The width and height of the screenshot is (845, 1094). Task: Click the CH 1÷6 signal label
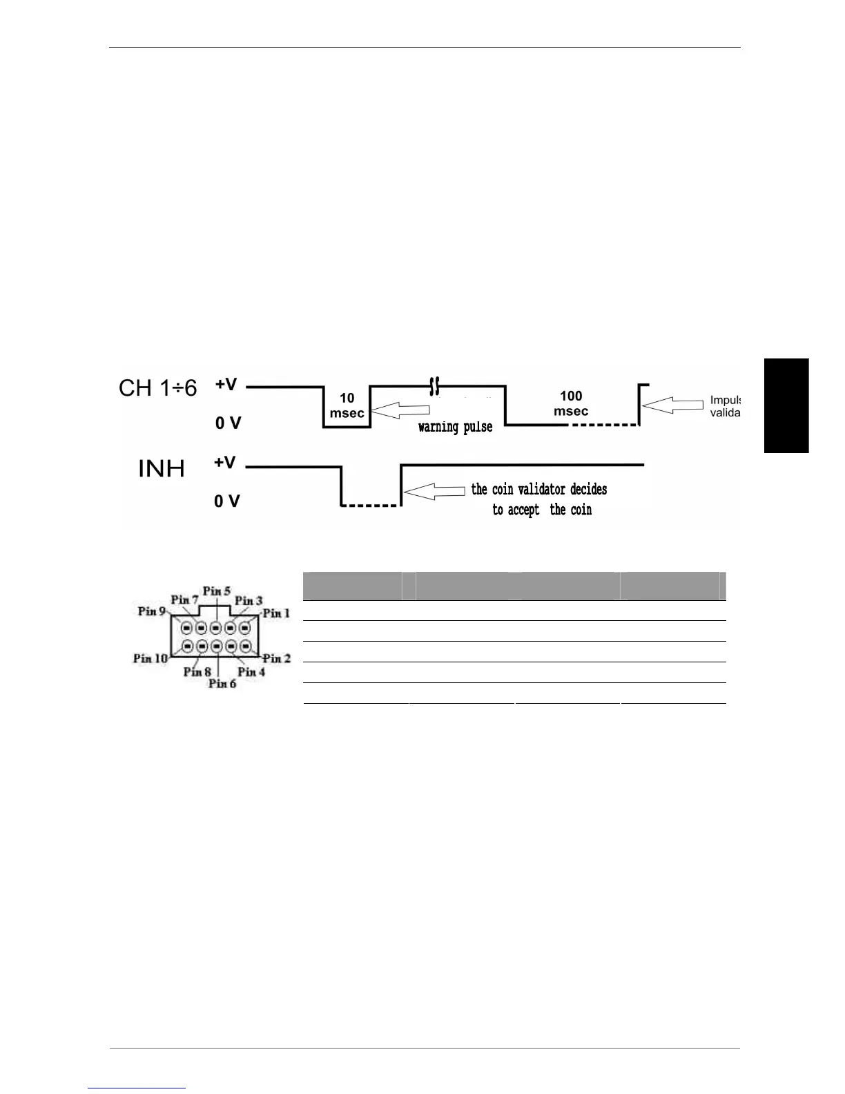click(x=157, y=388)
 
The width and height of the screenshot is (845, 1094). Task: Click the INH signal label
click(x=162, y=469)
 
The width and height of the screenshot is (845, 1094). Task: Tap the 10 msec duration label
click(x=347, y=405)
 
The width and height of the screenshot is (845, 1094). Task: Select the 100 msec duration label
click(x=571, y=403)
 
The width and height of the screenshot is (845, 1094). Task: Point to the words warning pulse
click(x=455, y=427)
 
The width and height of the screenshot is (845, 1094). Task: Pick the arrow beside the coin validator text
click(x=434, y=491)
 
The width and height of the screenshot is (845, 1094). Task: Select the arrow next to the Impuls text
click(x=672, y=405)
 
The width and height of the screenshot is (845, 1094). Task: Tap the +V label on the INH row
click(x=224, y=463)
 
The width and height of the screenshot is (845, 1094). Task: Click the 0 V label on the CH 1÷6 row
click(x=228, y=423)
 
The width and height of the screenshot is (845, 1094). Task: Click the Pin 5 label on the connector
click(x=217, y=591)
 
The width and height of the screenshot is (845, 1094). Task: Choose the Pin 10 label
click(x=150, y=658)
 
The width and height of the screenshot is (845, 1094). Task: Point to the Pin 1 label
click(x=277, y=613)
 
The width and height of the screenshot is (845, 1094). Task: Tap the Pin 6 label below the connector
click(x=222, y=684)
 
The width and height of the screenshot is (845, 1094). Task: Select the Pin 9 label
click(x=152, y=611)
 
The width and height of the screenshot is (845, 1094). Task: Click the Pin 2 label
click(x=277, y=658)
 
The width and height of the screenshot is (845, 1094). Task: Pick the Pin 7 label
click(x=184, y=599)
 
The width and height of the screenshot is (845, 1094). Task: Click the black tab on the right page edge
click(x=786, y=405)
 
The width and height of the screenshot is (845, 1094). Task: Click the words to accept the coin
click(x=542, y=510)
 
